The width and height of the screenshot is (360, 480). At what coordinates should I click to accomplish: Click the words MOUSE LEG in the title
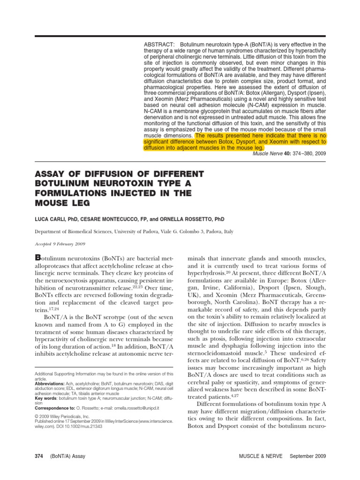point(64,203)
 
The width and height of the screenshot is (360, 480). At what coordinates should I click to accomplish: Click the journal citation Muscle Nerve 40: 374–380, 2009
point(289,153)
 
